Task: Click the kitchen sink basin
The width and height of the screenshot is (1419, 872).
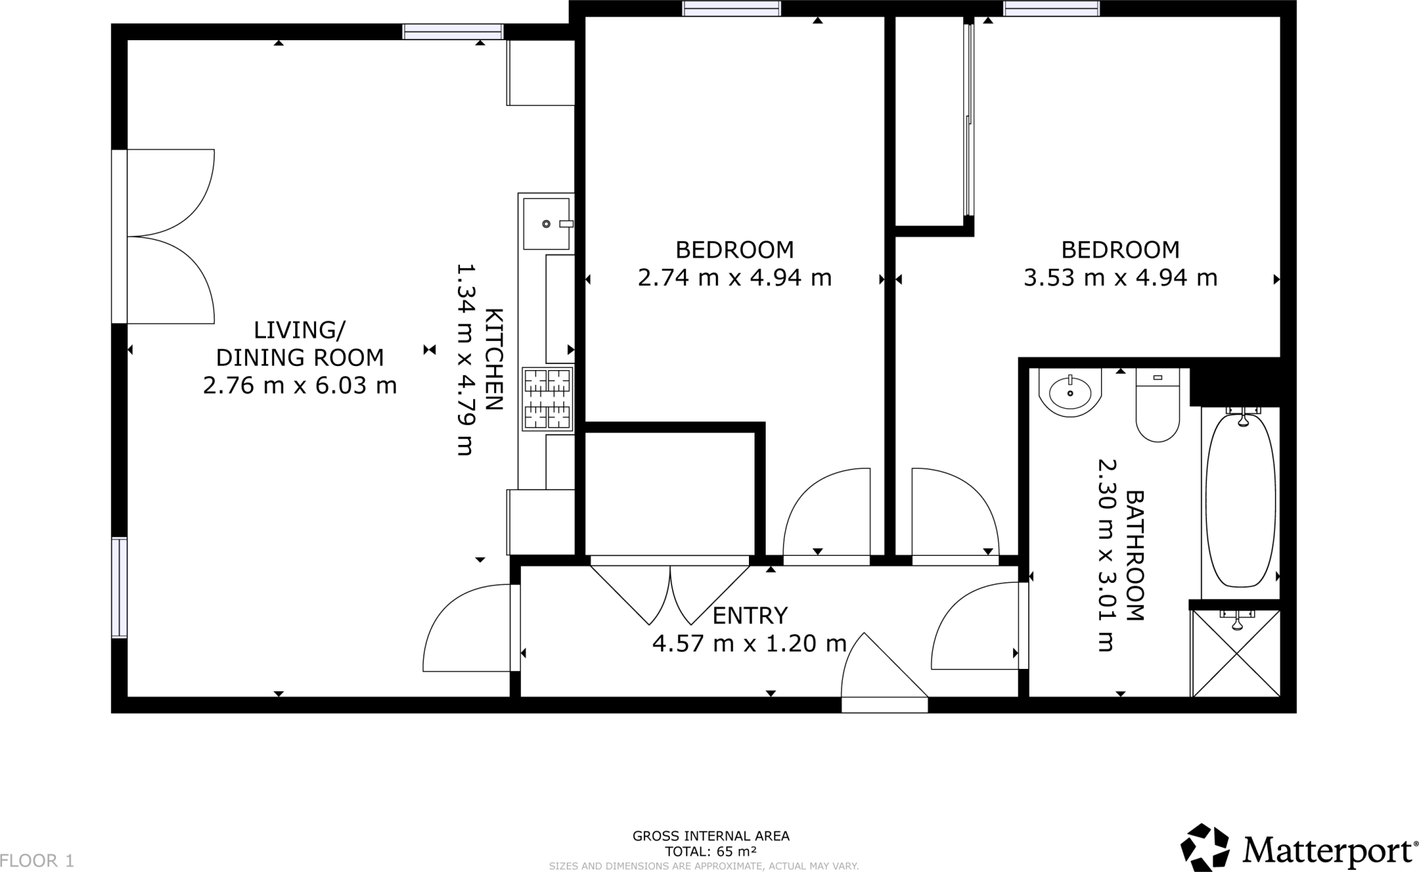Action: [547, 223]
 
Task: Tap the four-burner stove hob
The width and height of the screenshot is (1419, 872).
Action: [547, 399]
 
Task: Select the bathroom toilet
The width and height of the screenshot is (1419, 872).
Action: [1158, 405]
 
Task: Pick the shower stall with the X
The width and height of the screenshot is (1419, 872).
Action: [1235, 653]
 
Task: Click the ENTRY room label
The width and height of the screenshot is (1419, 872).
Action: [750, 616]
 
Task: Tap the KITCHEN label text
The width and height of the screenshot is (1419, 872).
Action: [493, 359]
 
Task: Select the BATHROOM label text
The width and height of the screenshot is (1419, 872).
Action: [1134, 556]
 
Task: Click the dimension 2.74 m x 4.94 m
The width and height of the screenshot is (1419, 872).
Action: [734, 278]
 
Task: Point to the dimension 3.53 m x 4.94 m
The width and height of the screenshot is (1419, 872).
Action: [1120, 278]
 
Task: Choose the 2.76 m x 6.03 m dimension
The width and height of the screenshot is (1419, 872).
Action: [300, 385]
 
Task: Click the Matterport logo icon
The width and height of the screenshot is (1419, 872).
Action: [1205, 847]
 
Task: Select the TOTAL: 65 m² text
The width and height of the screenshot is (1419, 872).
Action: [710, 851]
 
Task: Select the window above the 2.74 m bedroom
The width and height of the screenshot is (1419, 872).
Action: [731, 8]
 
